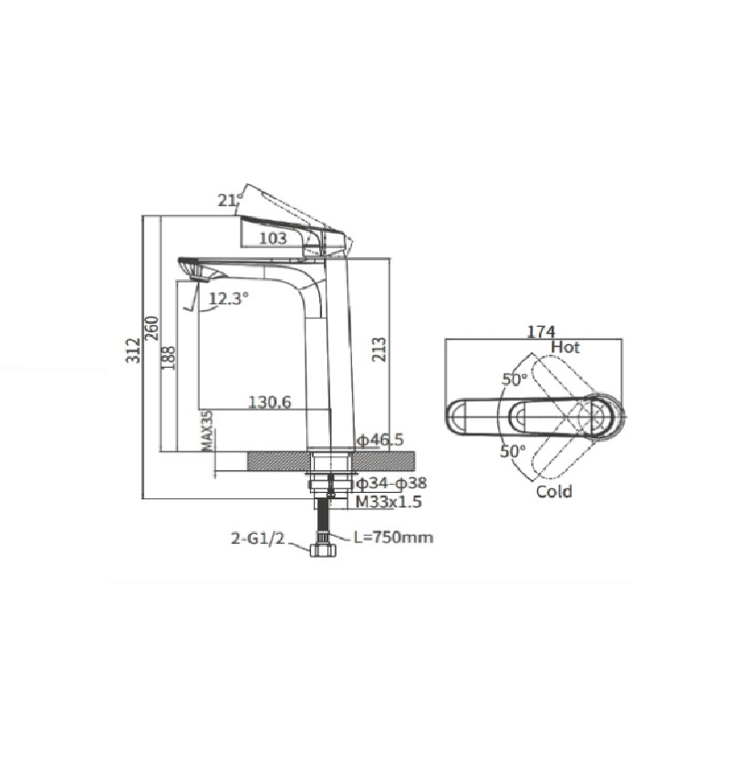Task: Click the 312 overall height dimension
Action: pyautogui.click(x=133, y=351)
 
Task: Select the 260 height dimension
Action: pyautogui.click(x=151, y=329)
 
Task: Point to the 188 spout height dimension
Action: pyautogui.click(x=168, y=358)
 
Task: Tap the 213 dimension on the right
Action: pyautogui.click(x=379, y=349)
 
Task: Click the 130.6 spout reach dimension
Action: pyautogui.click(x=269, y=402)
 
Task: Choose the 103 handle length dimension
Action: pyautogui.click(x=273, y=238)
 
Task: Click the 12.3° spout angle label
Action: pyautogui.click(x=228, y=298)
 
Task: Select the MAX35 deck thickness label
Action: pyautogui.click(x=207, y=431)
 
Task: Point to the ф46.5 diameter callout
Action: pyautogui.click(x=380, y=439)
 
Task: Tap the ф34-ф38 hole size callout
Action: pyautogui.click(x=391, y=483)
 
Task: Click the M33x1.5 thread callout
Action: pyautogui.click(x=389, y=501)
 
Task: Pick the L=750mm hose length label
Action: pyautogui.click(x=393, y=537)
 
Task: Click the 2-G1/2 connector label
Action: pyautogui.click(x=257, y=539)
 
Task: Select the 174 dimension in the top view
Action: pyautogui.click(x=542, y=332)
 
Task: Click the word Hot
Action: pyautogui.click(x=565, y=347)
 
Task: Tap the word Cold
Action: pyautogui.click(x=555, y=491)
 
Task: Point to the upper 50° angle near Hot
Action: pyautogui.click(x=514, y=379)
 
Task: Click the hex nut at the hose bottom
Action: pyautogui.click(x=323, y=550)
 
